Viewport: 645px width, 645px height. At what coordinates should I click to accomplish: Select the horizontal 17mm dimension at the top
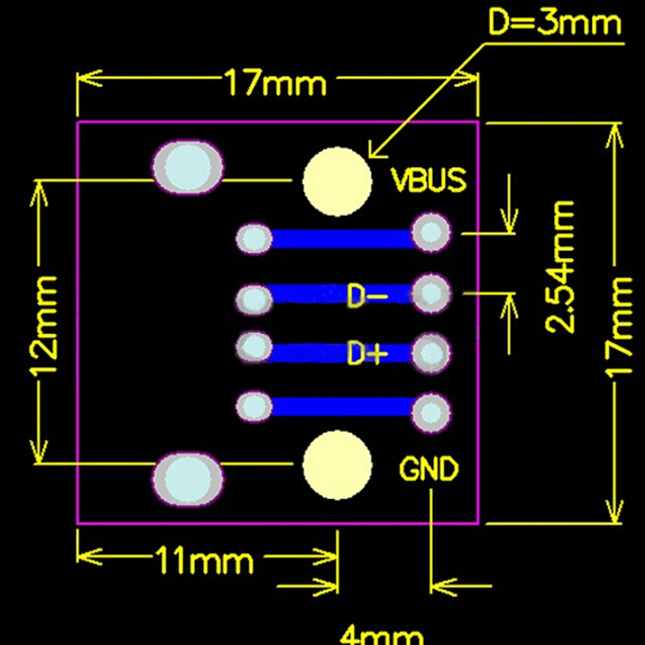[x=275, y=82]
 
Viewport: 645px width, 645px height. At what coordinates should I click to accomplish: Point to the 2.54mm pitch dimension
[x=561, y=267]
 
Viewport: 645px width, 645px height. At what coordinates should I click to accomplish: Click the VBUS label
[x=429, y=180]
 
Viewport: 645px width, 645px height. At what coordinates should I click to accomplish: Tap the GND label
[x=429, y=468]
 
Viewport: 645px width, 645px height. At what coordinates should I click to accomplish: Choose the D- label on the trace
[x=368, y=296]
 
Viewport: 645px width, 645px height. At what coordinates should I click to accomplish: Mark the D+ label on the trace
[x=368, y=353]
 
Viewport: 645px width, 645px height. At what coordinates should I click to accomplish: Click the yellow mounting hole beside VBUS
[x=337, y=182]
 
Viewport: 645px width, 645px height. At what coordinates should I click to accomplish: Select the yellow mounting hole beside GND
[x=337, y=464]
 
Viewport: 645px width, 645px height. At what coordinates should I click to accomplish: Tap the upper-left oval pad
[x=188, y=168]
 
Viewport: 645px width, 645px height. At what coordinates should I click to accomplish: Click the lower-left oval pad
[x=188, y=477]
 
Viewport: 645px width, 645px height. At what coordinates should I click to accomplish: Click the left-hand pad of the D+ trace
[x=256, y=347]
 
